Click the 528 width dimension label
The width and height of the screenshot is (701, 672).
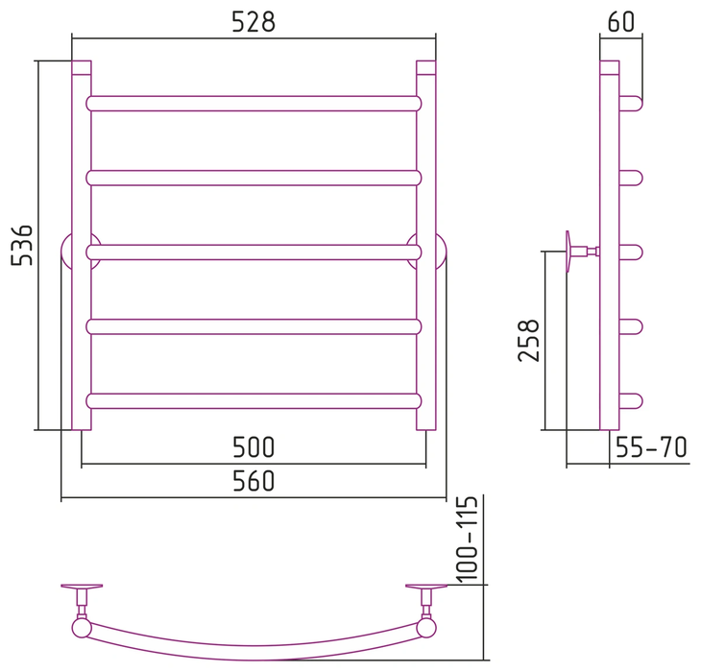coord(254,22)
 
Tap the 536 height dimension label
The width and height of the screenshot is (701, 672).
coord(22,246)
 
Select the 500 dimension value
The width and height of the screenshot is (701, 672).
coord(254,447)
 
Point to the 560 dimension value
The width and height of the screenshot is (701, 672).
coord(254,481)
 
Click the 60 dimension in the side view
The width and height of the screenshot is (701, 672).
coord(621,21)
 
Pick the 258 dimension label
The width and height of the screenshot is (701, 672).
coord(529,340)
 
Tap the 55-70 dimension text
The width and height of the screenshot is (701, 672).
coord(651,447)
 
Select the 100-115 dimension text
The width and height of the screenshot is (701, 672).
coord(468,540)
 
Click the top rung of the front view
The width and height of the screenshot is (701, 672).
coord(254,104)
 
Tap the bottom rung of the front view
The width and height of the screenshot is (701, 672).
coord(254,401)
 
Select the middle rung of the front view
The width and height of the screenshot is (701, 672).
coord(254,252)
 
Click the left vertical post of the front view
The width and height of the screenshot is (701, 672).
coord(82,246)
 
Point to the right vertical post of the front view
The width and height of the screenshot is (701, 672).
coord(426,246)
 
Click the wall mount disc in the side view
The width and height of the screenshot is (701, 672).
coord(568,252)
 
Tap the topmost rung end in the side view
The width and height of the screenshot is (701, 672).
coord(631,104)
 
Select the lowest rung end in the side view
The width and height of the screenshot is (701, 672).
coord(631,401)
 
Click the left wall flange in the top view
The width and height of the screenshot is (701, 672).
coord(82,587)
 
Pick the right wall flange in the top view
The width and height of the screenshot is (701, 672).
coord(426,587)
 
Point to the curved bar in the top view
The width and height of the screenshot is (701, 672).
coord(254,652)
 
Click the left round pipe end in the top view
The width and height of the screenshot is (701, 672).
coord(82,628)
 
